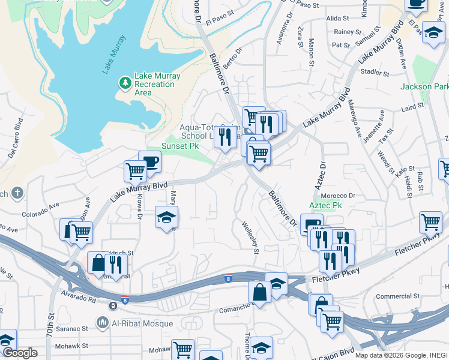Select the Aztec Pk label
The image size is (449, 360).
[325, 205]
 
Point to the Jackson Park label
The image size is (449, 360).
[424, 86]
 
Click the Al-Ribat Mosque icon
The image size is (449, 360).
[103, 323]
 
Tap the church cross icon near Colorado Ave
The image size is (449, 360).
[18, 193]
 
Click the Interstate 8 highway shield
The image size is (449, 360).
[228, 278]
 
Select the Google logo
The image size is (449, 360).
[19, 353]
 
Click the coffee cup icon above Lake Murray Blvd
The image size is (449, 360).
[150, 161]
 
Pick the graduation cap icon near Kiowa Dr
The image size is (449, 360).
[167, 217]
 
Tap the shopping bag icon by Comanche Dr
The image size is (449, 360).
[260, 292]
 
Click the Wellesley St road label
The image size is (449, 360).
[250, 238]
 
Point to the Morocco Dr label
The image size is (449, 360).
[338, 196]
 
